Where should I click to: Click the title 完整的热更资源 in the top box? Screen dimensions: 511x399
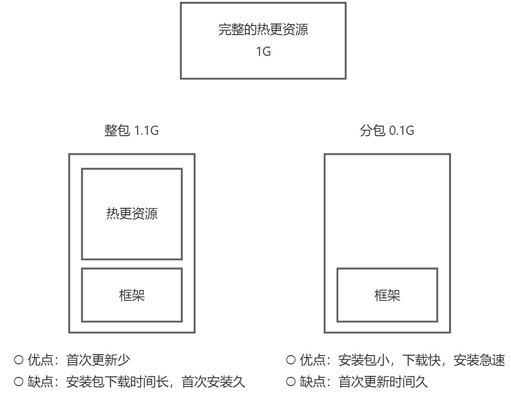263,31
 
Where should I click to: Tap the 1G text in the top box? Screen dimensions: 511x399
263,51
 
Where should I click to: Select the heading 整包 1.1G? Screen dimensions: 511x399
132,131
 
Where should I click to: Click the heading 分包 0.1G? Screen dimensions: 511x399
387,131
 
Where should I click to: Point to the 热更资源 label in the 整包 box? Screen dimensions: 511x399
132,214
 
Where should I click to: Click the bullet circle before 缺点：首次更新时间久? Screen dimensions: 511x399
291,382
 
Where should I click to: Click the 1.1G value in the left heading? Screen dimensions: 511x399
146,131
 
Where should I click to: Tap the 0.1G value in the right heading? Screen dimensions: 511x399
401,131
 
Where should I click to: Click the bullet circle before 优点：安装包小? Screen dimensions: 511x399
291,359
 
